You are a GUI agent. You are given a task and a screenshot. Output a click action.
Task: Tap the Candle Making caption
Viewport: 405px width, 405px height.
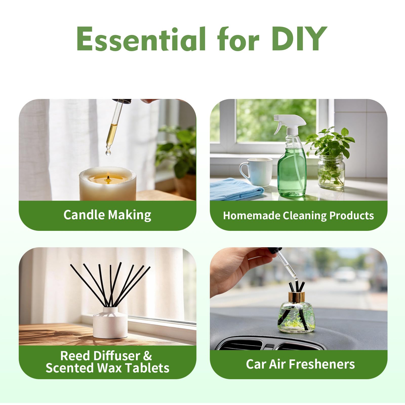(107, 215)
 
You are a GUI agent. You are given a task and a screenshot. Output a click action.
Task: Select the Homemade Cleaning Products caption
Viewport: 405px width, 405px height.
(298, 216)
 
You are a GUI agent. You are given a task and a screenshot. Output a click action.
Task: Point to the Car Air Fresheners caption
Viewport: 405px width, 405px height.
(300, 364)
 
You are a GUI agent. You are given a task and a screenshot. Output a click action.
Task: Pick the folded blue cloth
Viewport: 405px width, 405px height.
(237, 189)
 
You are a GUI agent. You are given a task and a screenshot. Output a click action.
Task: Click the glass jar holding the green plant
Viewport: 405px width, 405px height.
(331, 171)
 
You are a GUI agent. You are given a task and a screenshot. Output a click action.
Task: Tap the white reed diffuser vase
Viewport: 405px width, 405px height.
(110, 322)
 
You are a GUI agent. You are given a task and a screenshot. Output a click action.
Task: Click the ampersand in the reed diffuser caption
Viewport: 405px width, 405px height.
(147, 356)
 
